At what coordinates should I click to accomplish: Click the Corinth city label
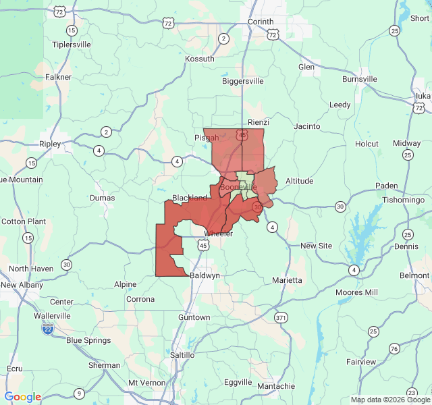tap(260, 22)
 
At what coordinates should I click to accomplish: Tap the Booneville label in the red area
tap(239, 186)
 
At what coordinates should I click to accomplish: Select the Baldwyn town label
tap(205, 275)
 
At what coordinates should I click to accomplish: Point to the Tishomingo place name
tap(402, 200)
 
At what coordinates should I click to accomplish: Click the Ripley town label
tap(50, 144)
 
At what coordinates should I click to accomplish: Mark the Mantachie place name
tap(276, 386)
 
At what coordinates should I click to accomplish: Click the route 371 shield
tap(281, 317)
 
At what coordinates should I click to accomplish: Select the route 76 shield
tap(394, 348)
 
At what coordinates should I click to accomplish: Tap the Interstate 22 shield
tap(47, 329)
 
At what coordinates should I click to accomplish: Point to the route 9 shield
tap(79, 394)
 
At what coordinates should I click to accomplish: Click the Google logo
tap(23, 397)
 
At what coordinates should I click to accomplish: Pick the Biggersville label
tap(243, 81)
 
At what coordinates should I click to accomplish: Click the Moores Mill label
tap(358, 292)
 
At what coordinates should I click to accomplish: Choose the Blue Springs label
tap(88, 340)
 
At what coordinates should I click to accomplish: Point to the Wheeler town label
tap(218, 234)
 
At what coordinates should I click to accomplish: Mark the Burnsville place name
tap(360, 79)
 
